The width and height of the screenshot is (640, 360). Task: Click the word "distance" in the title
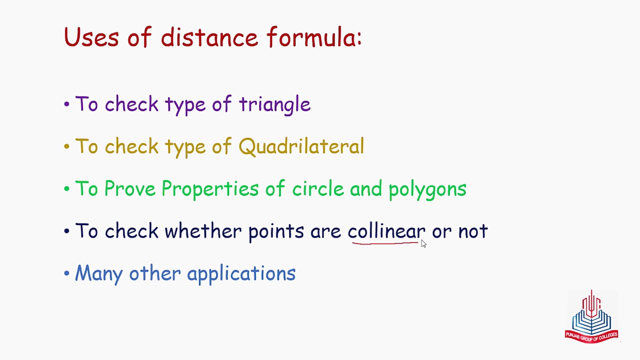209,37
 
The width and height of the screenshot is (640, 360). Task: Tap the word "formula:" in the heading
314,37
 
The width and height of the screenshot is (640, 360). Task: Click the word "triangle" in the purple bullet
275,104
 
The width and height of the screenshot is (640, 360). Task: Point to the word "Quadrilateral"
301,146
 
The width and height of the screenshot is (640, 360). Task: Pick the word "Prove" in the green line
130,188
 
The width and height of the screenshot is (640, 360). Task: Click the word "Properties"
210,189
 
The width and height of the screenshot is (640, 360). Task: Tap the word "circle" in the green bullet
318,188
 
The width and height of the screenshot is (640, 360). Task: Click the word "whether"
203,231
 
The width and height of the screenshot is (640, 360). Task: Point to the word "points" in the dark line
276,231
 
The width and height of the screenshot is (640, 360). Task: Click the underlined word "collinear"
386,231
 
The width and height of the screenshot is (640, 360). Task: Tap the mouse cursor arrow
423,244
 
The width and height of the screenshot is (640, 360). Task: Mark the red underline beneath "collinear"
385,244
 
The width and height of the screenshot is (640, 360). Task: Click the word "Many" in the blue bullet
99,274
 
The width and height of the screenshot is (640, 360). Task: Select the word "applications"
241,274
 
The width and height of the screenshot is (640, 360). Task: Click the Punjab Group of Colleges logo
592,316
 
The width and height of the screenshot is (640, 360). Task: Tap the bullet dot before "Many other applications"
67,274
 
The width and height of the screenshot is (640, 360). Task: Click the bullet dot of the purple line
67,104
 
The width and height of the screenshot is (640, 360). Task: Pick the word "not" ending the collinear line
473,231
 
